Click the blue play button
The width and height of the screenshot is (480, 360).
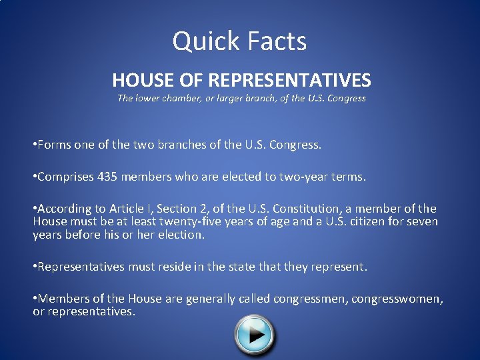pyautogui.click(x=255, y=333)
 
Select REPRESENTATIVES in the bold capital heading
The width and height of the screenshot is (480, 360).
pyautogui.click(x=289, y=81)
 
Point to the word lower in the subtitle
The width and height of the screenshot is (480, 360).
pyautogui.click(x=149, y=98)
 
